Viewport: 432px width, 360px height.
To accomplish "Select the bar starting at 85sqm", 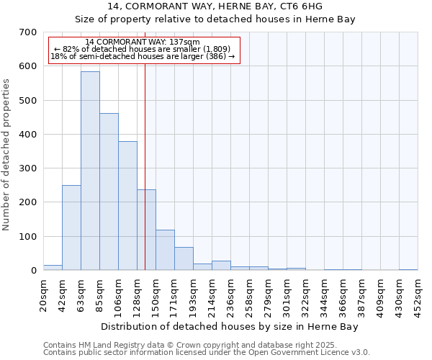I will point(109,192).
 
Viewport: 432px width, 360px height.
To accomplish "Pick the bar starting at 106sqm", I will point(127,205).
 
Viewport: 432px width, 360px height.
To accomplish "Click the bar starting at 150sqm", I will point(165,250).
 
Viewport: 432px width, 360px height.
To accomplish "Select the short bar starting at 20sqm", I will point(53,267).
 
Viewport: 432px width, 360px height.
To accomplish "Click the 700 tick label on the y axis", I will point(28,32).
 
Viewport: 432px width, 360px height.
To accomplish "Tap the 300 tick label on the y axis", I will point(28,168).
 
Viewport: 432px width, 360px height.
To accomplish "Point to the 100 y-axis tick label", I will point(28,237).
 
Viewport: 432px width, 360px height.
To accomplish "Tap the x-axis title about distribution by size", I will point(229,327).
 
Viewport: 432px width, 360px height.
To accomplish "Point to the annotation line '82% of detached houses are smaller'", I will point(143,50).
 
